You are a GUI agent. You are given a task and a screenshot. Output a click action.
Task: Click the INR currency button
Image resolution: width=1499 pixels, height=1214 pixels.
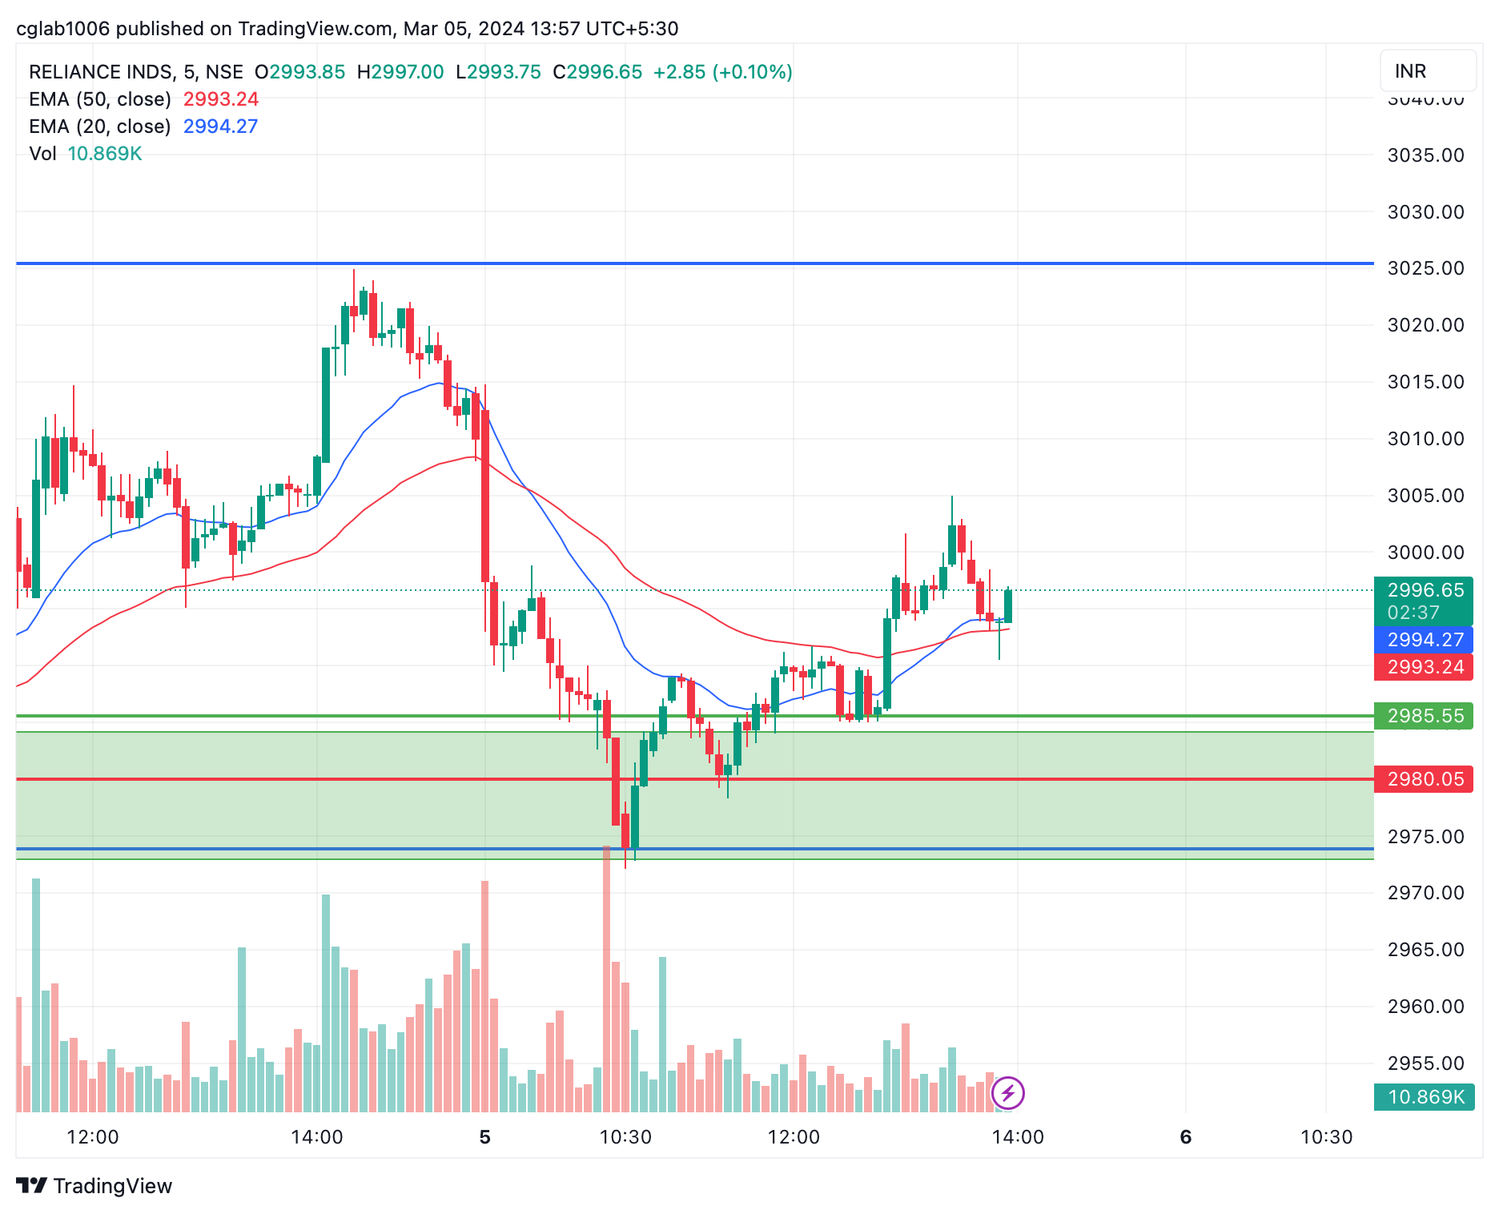[1427, 71]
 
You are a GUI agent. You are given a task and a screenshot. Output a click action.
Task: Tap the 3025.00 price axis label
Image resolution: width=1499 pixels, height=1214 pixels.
[1425, 268]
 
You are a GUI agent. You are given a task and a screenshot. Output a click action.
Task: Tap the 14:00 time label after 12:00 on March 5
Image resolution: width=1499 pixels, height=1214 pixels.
[1017, 1137]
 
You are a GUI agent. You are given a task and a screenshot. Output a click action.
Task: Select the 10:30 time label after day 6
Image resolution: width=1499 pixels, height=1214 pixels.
[1326, 1137]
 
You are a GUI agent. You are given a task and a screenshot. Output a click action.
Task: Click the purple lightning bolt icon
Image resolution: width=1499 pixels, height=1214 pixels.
[1007, 1092]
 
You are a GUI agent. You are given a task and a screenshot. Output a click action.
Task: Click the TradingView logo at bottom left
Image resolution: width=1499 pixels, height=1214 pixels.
[94, 1186]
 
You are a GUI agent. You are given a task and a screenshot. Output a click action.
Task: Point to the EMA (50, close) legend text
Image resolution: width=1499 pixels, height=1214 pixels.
[100, 99]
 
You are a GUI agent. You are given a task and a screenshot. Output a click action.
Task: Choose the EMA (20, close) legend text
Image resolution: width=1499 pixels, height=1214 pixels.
[100, 127]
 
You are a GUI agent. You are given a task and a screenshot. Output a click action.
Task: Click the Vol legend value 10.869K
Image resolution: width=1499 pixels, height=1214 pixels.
[105, 154]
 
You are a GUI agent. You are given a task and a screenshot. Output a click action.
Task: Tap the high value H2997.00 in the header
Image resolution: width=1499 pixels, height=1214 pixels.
[400, 72]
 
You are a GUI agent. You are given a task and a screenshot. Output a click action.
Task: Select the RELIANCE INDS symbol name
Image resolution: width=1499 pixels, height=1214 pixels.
[101, 72]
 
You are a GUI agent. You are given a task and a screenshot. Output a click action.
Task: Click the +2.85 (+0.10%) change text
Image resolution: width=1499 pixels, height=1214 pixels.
[722, 72]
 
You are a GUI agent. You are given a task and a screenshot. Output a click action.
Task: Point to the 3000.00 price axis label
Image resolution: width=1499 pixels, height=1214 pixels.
[1425, 553]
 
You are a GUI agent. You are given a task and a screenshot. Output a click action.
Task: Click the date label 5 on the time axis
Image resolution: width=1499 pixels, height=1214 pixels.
[484, 1137]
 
